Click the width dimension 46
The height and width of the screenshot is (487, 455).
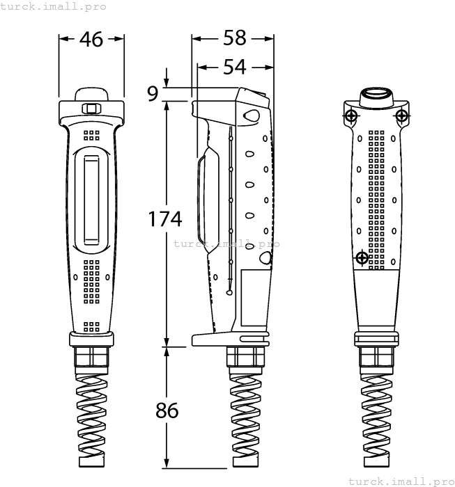tap(91, 40)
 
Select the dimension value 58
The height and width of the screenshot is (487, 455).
tap(235, 39)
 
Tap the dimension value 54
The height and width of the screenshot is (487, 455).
tap(235, 67)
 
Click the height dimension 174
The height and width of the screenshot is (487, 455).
tap(165, 219)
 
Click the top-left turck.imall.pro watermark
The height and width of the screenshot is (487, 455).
tap(54, 6)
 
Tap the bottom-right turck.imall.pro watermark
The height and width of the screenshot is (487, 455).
tap(401, 481)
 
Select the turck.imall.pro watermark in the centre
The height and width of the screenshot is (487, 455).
tap(226, 244)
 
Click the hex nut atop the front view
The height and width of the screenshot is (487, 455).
tap(91, 109)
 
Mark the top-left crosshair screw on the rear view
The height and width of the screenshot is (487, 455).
tap(350, 115)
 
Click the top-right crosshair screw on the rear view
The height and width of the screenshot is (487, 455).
tap(401, 115)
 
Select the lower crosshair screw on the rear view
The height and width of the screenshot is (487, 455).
tap(362, 258)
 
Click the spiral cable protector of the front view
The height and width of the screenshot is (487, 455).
tap(91, 417)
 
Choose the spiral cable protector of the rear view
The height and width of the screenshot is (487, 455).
tap(376, 417)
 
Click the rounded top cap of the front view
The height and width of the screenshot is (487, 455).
tap(91, 94)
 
